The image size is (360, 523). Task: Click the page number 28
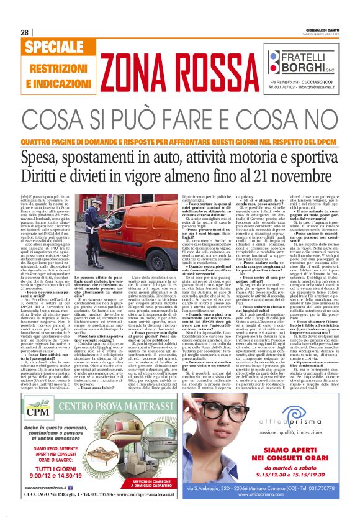tap(25, 32)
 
